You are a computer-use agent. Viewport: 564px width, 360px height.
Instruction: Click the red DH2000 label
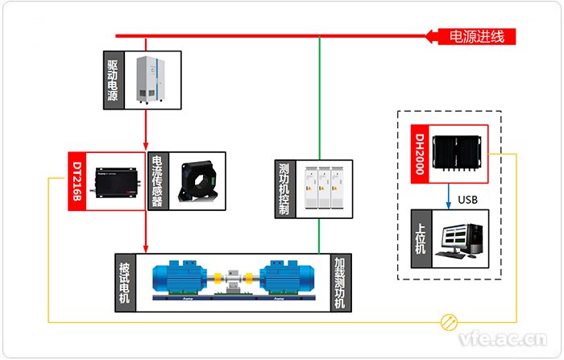pos(417,155)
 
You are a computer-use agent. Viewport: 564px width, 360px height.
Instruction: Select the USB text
pos(469,198)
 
